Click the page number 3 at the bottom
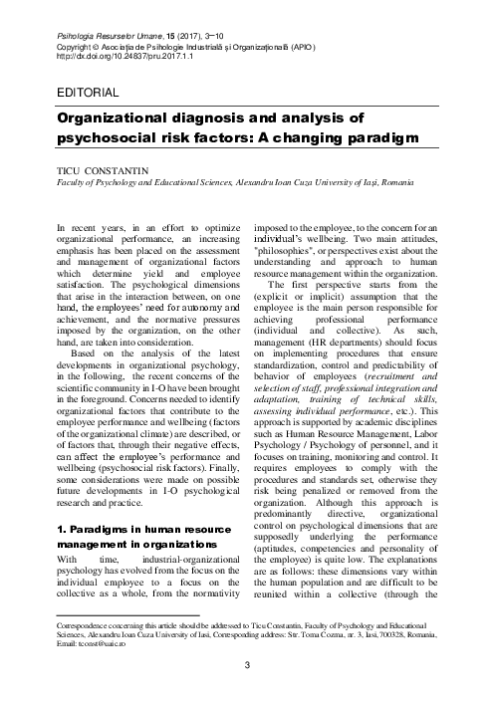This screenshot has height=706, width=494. [246, 665]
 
